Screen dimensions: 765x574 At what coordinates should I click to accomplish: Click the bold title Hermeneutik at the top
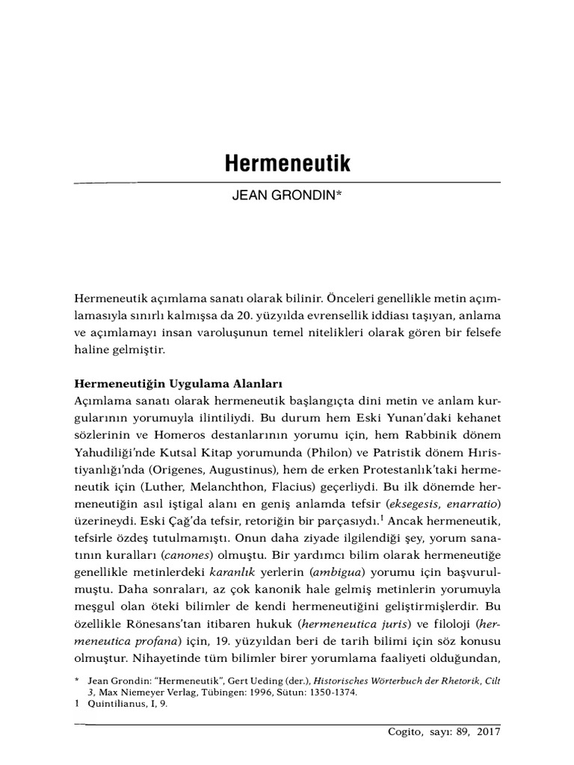pyautogui.click(x=287, y=165)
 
